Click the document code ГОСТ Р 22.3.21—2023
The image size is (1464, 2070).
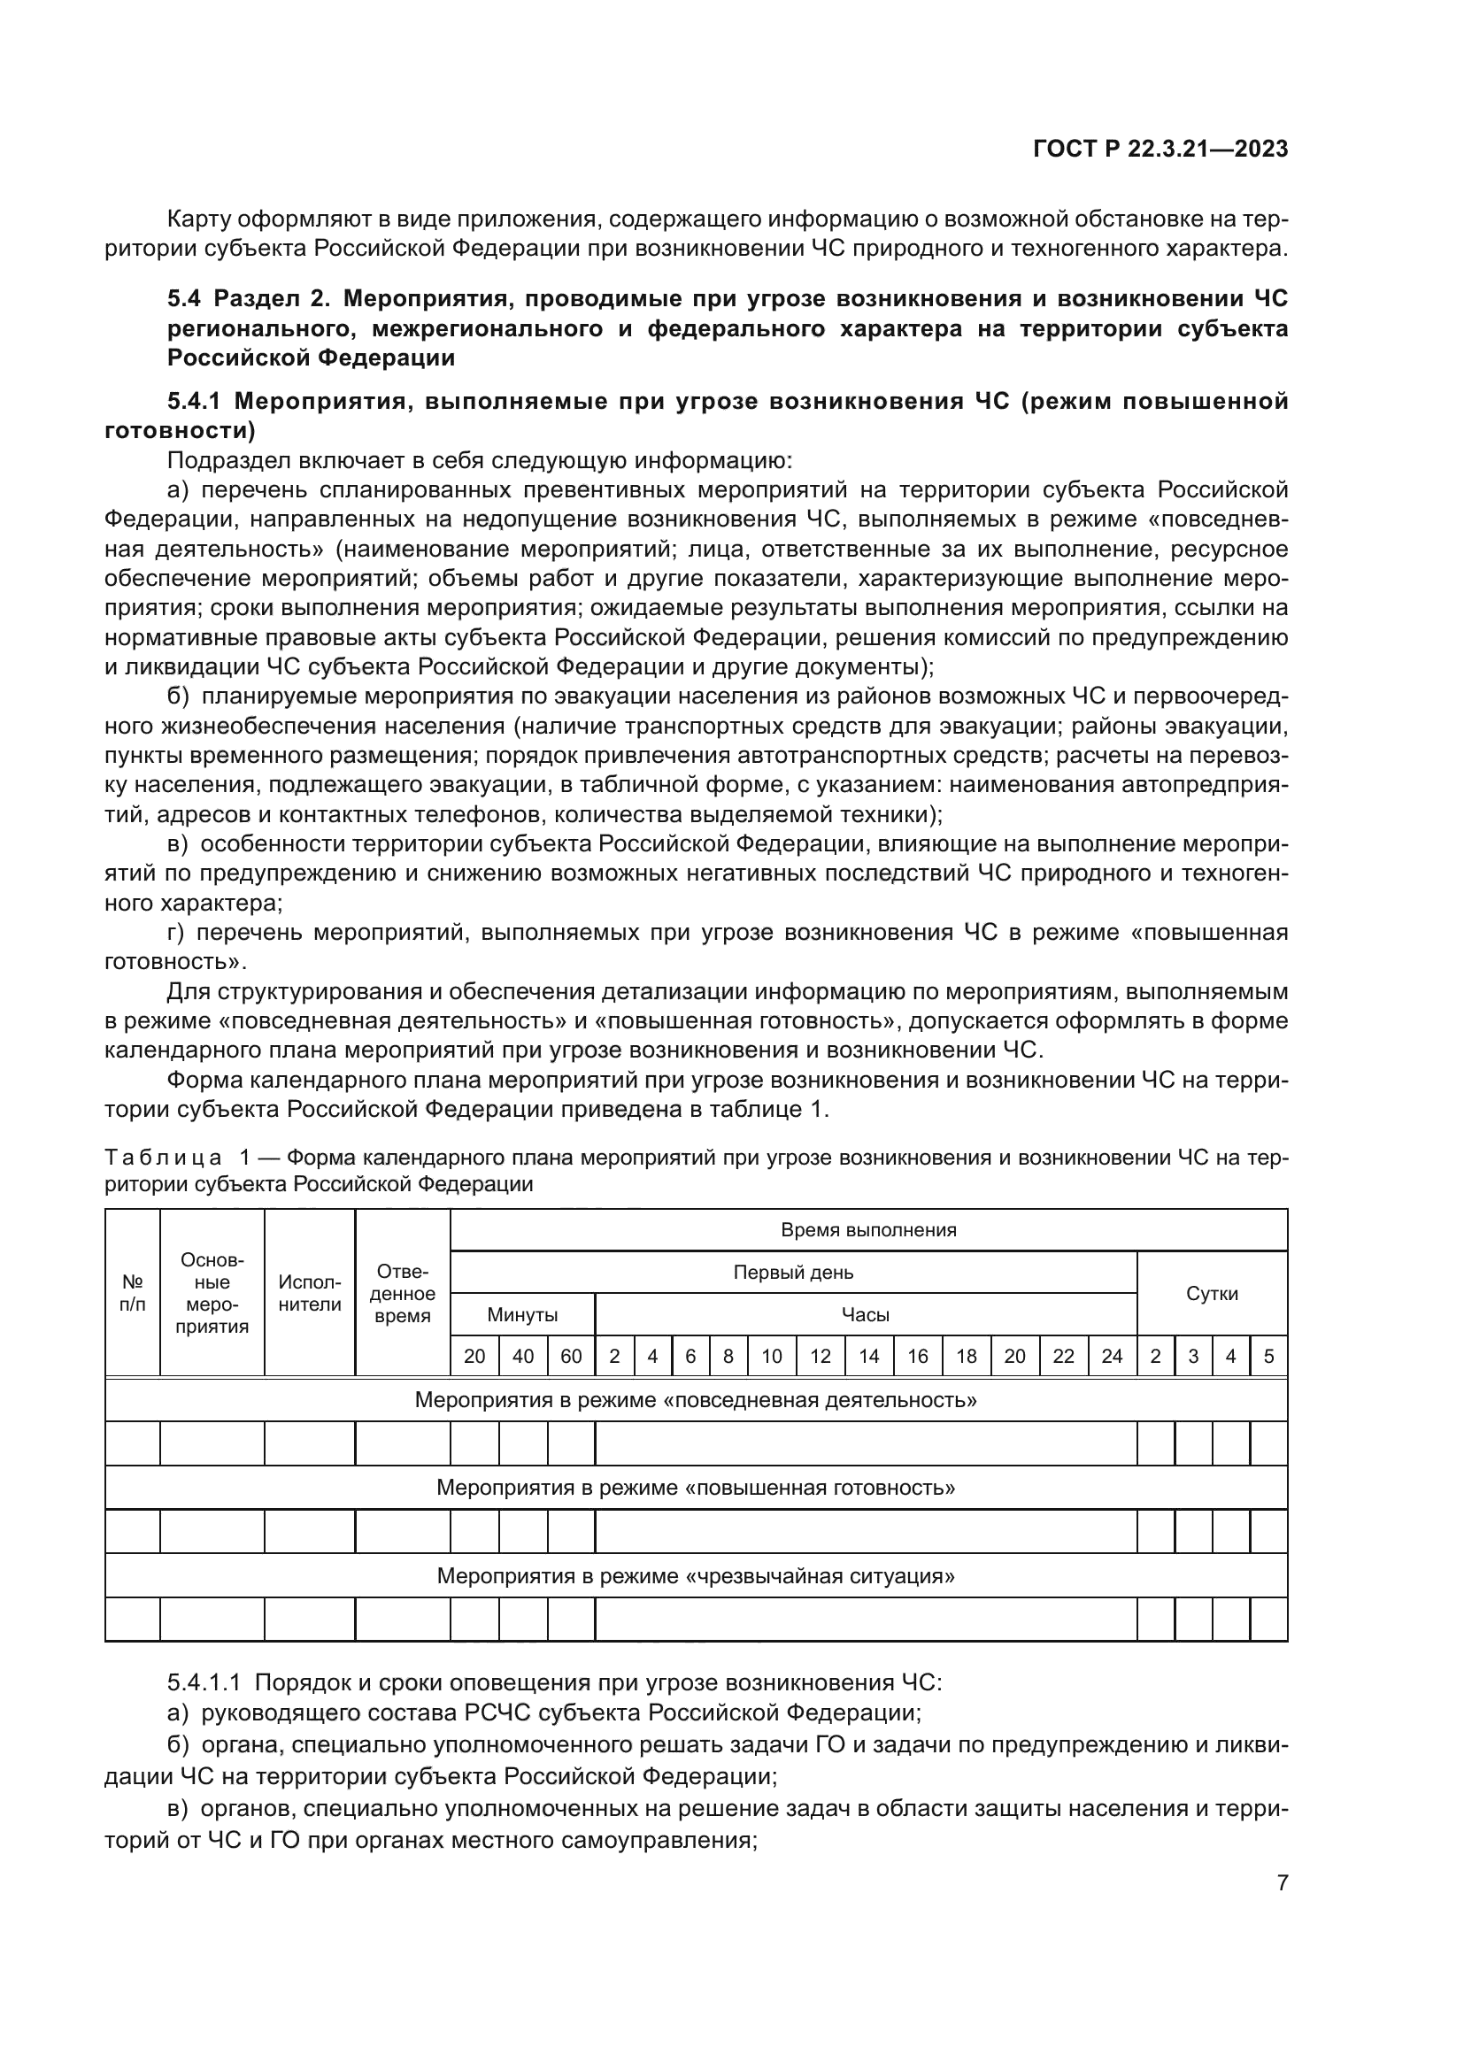1160,150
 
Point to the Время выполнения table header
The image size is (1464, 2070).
868,1230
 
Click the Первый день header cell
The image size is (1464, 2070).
792,1272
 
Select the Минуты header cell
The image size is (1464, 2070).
522,1314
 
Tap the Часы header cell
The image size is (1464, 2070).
865,1314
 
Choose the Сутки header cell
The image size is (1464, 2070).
1211,1294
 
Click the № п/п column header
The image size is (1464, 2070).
133,1293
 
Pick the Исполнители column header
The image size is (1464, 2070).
309,1293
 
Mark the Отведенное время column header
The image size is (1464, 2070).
402,1293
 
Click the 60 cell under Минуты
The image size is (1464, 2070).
571,1356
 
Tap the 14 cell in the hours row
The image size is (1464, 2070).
869,1356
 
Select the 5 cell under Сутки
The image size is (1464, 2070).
1268,1356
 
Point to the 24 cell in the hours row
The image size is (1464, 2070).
1112,1356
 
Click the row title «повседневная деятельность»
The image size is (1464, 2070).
695,1400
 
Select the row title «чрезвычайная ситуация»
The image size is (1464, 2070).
695,1575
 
